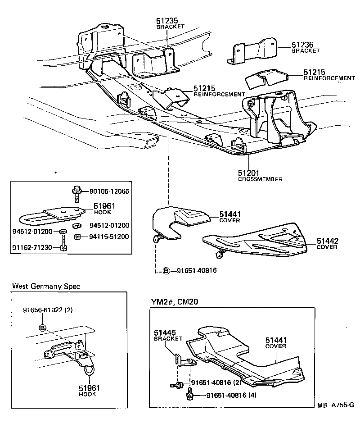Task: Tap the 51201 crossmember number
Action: (248, 173)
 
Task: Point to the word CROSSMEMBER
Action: (260, 179)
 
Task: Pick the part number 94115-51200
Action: (108, 236)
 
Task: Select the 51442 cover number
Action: (327, 241)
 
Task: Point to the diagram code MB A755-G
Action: (334, 418)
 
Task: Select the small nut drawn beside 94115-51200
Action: (78, 236)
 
